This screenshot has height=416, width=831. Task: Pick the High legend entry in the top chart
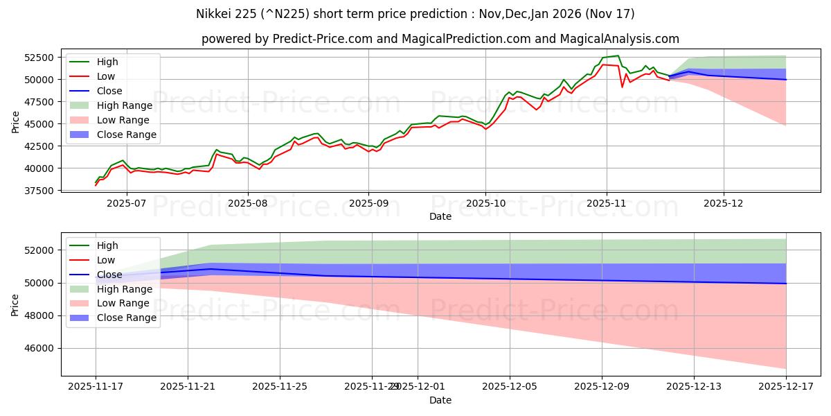[107, 62]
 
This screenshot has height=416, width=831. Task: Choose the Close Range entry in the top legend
[126, 135]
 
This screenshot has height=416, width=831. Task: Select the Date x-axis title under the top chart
[440, 216]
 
